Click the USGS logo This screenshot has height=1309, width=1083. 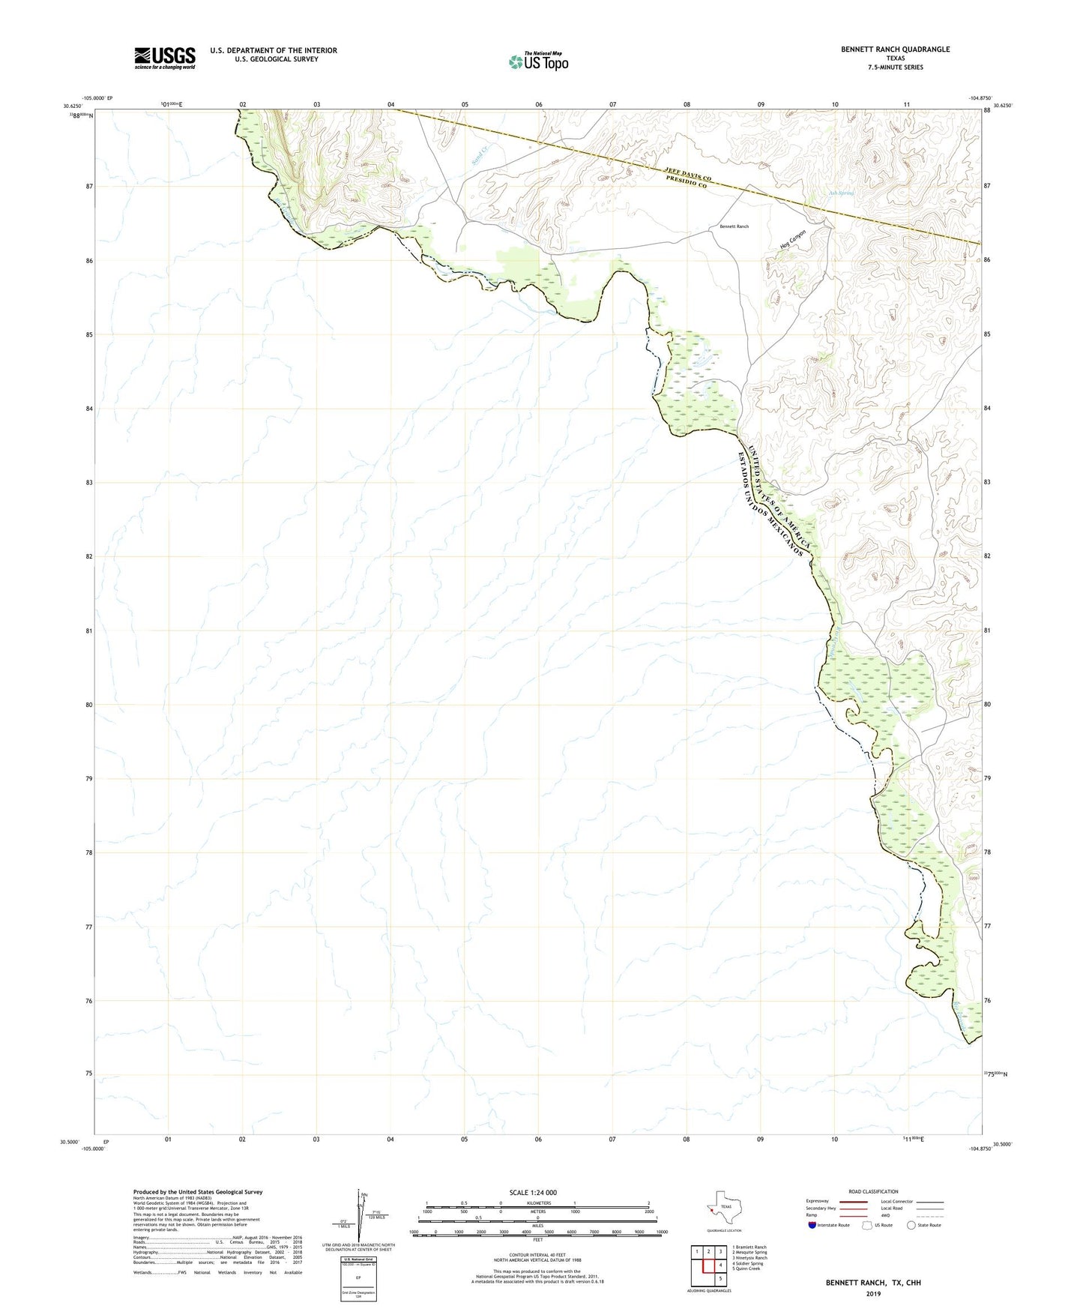click(x=165, y=58)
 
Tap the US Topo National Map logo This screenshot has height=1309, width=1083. click(x=538, y=61)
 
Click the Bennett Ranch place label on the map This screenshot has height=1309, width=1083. click(x=734, y=226)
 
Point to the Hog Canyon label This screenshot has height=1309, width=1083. click(x=792, y=240)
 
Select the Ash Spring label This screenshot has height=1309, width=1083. click(x=841, y=193)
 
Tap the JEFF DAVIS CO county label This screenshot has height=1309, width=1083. click(x=687, y=173)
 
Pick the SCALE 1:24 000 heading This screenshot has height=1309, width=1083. click(x=533, y=1192)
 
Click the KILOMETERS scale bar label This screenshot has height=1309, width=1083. click(x=537, y=1203)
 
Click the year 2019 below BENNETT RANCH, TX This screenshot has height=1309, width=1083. click(x=873, y=1294)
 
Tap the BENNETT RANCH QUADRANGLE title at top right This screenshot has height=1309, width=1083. click(x=895, y=49)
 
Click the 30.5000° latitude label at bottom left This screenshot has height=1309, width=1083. click(x=70, y=1142)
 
